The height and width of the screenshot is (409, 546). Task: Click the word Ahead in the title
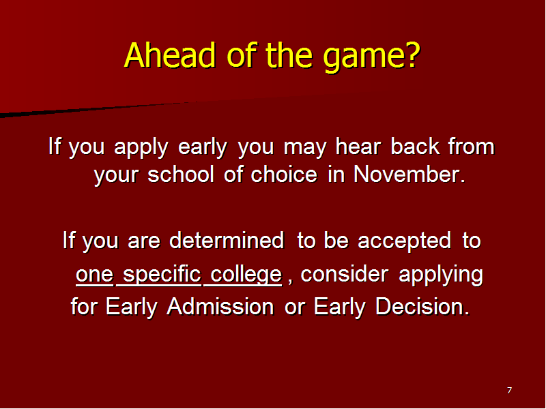(x=170, y=55)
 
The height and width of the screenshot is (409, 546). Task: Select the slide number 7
(x=509, y=390)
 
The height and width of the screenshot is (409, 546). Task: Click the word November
(x=409, y=174)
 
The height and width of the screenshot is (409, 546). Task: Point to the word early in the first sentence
(x=203, y=147)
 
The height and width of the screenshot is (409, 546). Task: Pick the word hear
(x=358, y=146)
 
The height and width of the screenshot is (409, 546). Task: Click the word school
(x=181, y=174)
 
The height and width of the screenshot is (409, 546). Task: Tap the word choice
(x=284, y=174)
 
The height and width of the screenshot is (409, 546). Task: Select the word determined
(x=227, y=241)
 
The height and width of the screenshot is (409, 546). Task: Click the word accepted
(x=404, y=241)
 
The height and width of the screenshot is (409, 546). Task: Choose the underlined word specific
(x=162, y=275)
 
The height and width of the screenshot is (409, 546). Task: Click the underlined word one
(x=95, y=275)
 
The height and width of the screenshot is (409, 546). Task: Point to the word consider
(x=345, y=275)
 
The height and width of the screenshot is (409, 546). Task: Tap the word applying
(x=441, y=275)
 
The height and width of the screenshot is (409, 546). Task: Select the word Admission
(x=220, y=307)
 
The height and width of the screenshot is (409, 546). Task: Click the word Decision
(x=422, y=307)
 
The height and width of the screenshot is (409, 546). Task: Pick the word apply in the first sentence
(x=141, y=147)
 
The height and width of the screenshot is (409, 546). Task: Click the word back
(x=415, y=146)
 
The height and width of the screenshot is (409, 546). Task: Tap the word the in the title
(x=289, y=55)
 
